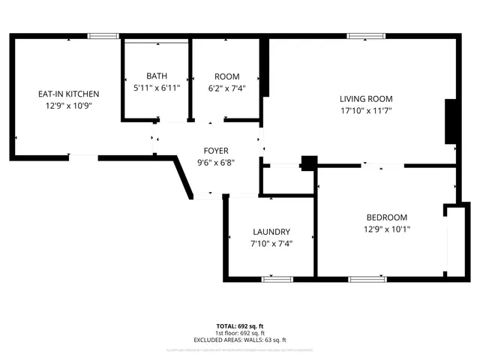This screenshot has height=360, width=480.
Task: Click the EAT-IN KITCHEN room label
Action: (x=69, y=94)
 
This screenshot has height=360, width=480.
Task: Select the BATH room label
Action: (x=157, y=76)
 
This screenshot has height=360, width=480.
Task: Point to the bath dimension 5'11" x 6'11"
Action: (x=157, y=88)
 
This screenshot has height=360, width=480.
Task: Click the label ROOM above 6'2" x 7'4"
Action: (x=226, y=76)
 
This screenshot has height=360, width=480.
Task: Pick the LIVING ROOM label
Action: (x=365, y=98)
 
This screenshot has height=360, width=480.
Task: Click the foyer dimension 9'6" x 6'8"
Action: (x=216, y=163)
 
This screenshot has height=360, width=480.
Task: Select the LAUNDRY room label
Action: (x=271, y=232)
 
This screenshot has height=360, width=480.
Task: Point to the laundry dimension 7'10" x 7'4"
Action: (x=271, y=244)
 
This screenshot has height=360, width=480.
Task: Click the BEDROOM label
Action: (x=386, y=217)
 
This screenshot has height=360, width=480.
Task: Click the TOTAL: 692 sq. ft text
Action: (x=240, y=326)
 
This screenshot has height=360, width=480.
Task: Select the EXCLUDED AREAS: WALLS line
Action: (x=240, y=340)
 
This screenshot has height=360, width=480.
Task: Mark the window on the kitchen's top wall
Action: (x=103, y=35)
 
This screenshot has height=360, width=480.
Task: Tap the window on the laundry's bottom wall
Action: (x=277, y=279)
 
